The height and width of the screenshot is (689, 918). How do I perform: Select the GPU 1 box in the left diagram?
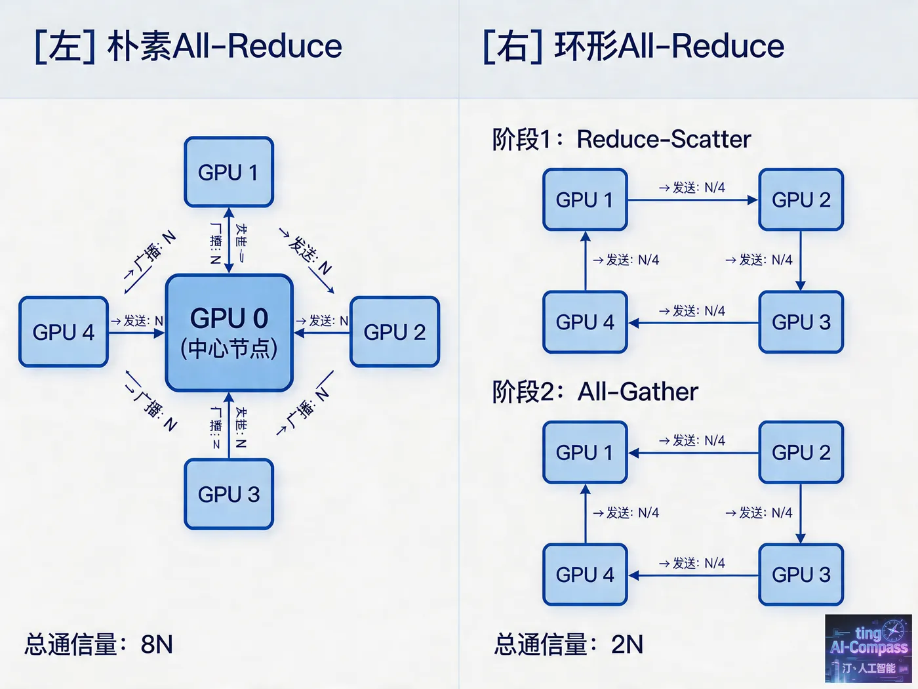(x=228, y=172)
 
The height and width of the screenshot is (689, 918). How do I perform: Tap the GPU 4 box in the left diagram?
(x=64, y=332)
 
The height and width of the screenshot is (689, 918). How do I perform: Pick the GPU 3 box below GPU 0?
(x=228, y=494)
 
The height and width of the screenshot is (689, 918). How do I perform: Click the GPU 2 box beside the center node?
(x=394, y=332)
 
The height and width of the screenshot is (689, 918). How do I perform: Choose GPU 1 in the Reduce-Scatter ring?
(x=584, y=199)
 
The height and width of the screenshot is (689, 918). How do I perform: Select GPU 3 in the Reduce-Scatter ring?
(x=801, y=322)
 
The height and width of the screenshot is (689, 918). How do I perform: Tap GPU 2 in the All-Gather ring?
(x=801, y=452)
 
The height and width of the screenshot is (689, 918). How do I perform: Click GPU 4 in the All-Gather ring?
(x=584, y=575)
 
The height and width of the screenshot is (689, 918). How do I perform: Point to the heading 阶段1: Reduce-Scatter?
(x=621, y=139)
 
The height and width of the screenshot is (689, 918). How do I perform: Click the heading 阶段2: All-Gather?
(x=595, y=392)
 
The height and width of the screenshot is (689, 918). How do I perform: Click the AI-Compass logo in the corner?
(x=868, y=649)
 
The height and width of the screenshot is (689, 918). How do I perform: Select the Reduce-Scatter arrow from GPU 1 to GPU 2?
(x=692, y=199)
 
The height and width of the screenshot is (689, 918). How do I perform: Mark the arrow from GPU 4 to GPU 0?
(x=136, y=333)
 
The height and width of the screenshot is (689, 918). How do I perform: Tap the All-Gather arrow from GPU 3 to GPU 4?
(x=692, y=575)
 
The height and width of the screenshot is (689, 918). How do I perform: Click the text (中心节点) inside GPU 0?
(x=229, y=348)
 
